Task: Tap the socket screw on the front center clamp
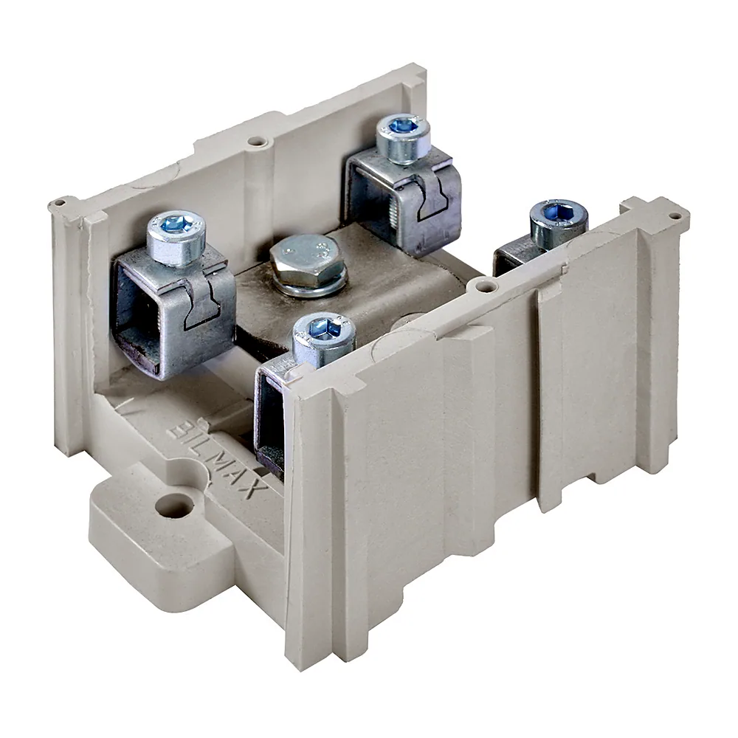[x=324, y=335]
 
